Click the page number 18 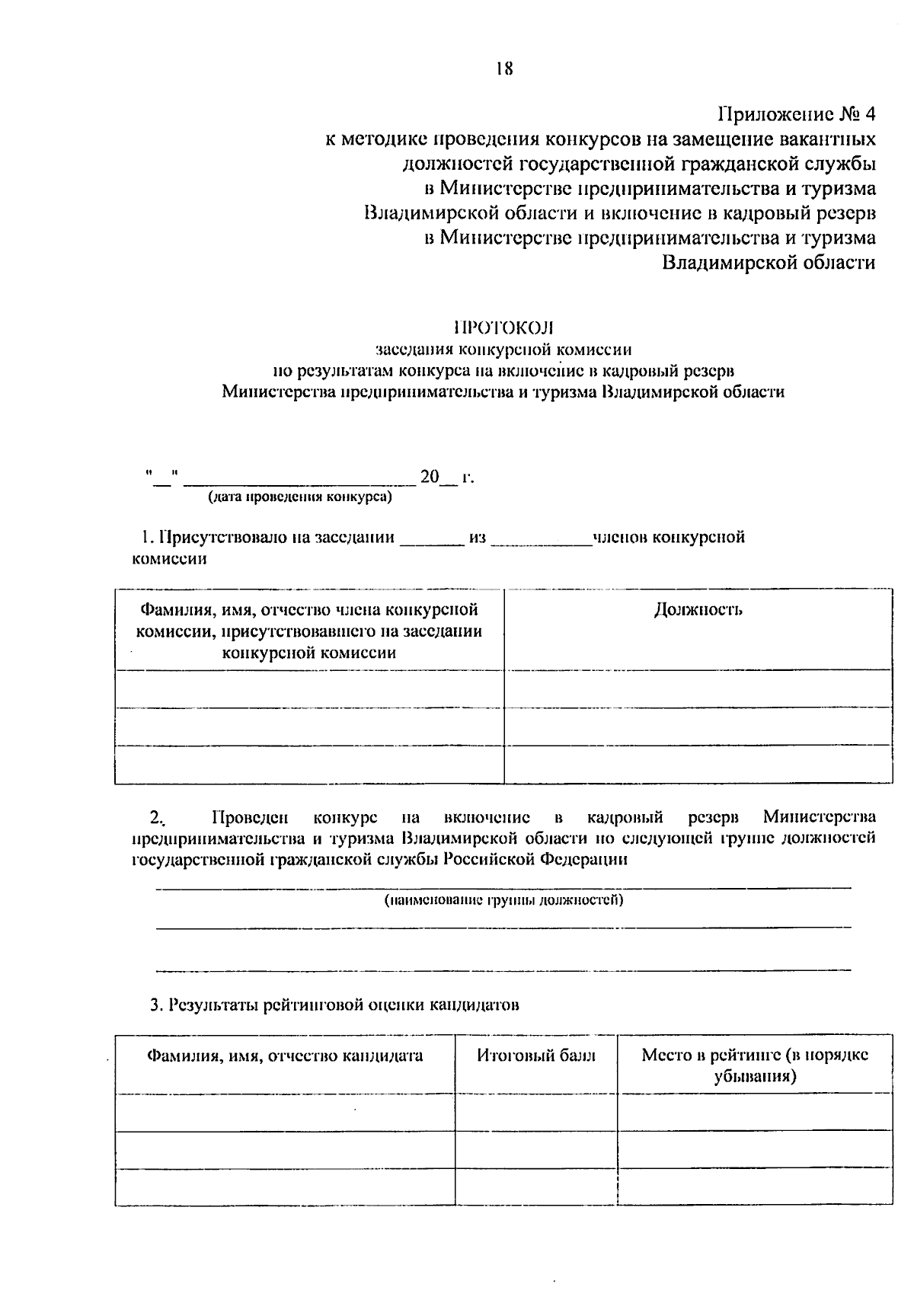pyautogui.click(x=503, y=69)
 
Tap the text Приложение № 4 pyautogui.click(x=797, y=115)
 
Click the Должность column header pyautogui.click(x=698, y=610)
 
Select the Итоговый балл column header pyautogui.click(x=536, y=1056)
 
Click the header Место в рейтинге pyautogui.click(x=755, y=1065)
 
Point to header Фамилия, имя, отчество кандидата pyautogui.click(x=285, y=1056)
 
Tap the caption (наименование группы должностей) pyautogui.click(x=503, y=901)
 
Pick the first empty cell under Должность pyautogui.click(x=698, y=688)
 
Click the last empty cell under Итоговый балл pyautogui.click(x=536, y=1187)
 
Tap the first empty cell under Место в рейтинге pyautogui.click(x=755, y=1112)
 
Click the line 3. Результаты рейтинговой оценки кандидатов pyautogui.click(x=334, y=1005)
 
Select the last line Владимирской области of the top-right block pyautogui.click(x=768, y=263)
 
